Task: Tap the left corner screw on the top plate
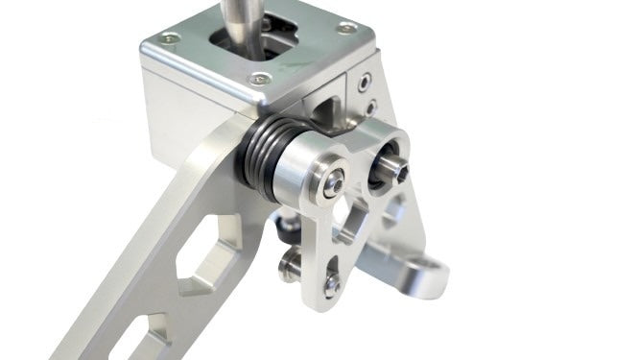pos(169,38)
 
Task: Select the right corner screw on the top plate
pos(345,29)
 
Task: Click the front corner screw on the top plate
pos(255,81)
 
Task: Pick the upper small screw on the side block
pos(365,84)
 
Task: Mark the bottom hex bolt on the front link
pos(332,284)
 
